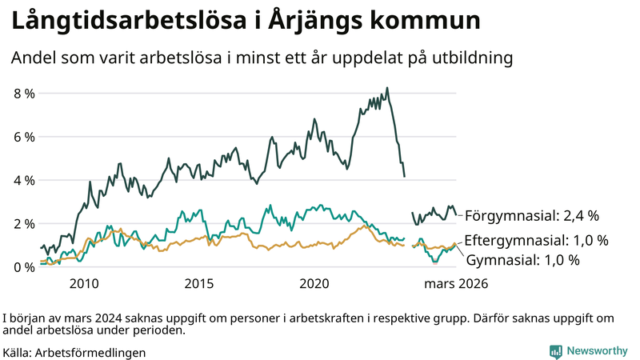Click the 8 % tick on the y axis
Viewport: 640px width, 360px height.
click(24, 94)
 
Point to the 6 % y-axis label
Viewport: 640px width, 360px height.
click(24, 137)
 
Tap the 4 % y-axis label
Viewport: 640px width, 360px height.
click(24, 180)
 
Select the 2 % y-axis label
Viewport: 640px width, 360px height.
click(24, 223)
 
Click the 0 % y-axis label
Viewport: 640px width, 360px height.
click(24, 266)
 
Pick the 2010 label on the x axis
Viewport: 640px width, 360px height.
click(84, 284)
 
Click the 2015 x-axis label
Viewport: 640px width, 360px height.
click(199, 284)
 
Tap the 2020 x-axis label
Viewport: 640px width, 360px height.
click(314, 284)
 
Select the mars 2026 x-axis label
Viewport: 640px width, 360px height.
click(455, 284)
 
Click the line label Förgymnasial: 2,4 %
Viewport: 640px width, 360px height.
click(531, 215)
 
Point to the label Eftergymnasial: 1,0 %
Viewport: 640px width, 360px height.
click(536, 240)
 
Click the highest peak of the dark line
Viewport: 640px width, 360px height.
click(387, 88)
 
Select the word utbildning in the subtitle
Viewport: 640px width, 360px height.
click(471, 58)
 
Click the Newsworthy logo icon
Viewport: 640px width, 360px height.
click(555, 351)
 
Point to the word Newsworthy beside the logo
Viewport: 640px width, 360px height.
click(597, 351)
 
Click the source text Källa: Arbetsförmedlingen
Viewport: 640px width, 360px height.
click(74, 352)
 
